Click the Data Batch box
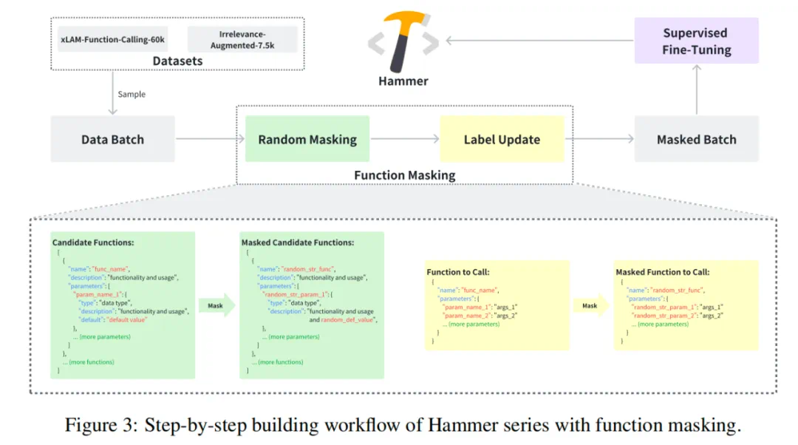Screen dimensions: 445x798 [x=112, y=139]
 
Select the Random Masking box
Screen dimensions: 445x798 [x=307, y=139]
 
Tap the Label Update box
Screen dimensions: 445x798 [x=502, y=139]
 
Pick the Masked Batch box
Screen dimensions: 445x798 [x=696, y=139]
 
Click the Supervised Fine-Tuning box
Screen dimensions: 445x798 [x=696, y=41]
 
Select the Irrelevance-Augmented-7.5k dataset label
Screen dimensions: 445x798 [x=242, y=39]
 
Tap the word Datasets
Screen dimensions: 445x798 [x=177, y=61]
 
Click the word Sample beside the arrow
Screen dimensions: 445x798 [x=132, y=94]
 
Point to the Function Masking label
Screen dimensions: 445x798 [x=404, y=175]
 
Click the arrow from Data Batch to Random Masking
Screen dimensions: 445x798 [x=210, y=139]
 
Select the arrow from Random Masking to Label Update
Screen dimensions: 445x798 [x=405, y=139]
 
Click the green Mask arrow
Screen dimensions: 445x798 [x=216, y=305]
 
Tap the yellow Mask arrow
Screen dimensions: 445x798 [x=590, y=305]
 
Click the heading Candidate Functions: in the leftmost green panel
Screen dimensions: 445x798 [x=93, y=242]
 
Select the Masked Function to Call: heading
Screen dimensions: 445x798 [x=663, y=272]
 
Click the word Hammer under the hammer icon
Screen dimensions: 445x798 [x=403, y=81]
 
